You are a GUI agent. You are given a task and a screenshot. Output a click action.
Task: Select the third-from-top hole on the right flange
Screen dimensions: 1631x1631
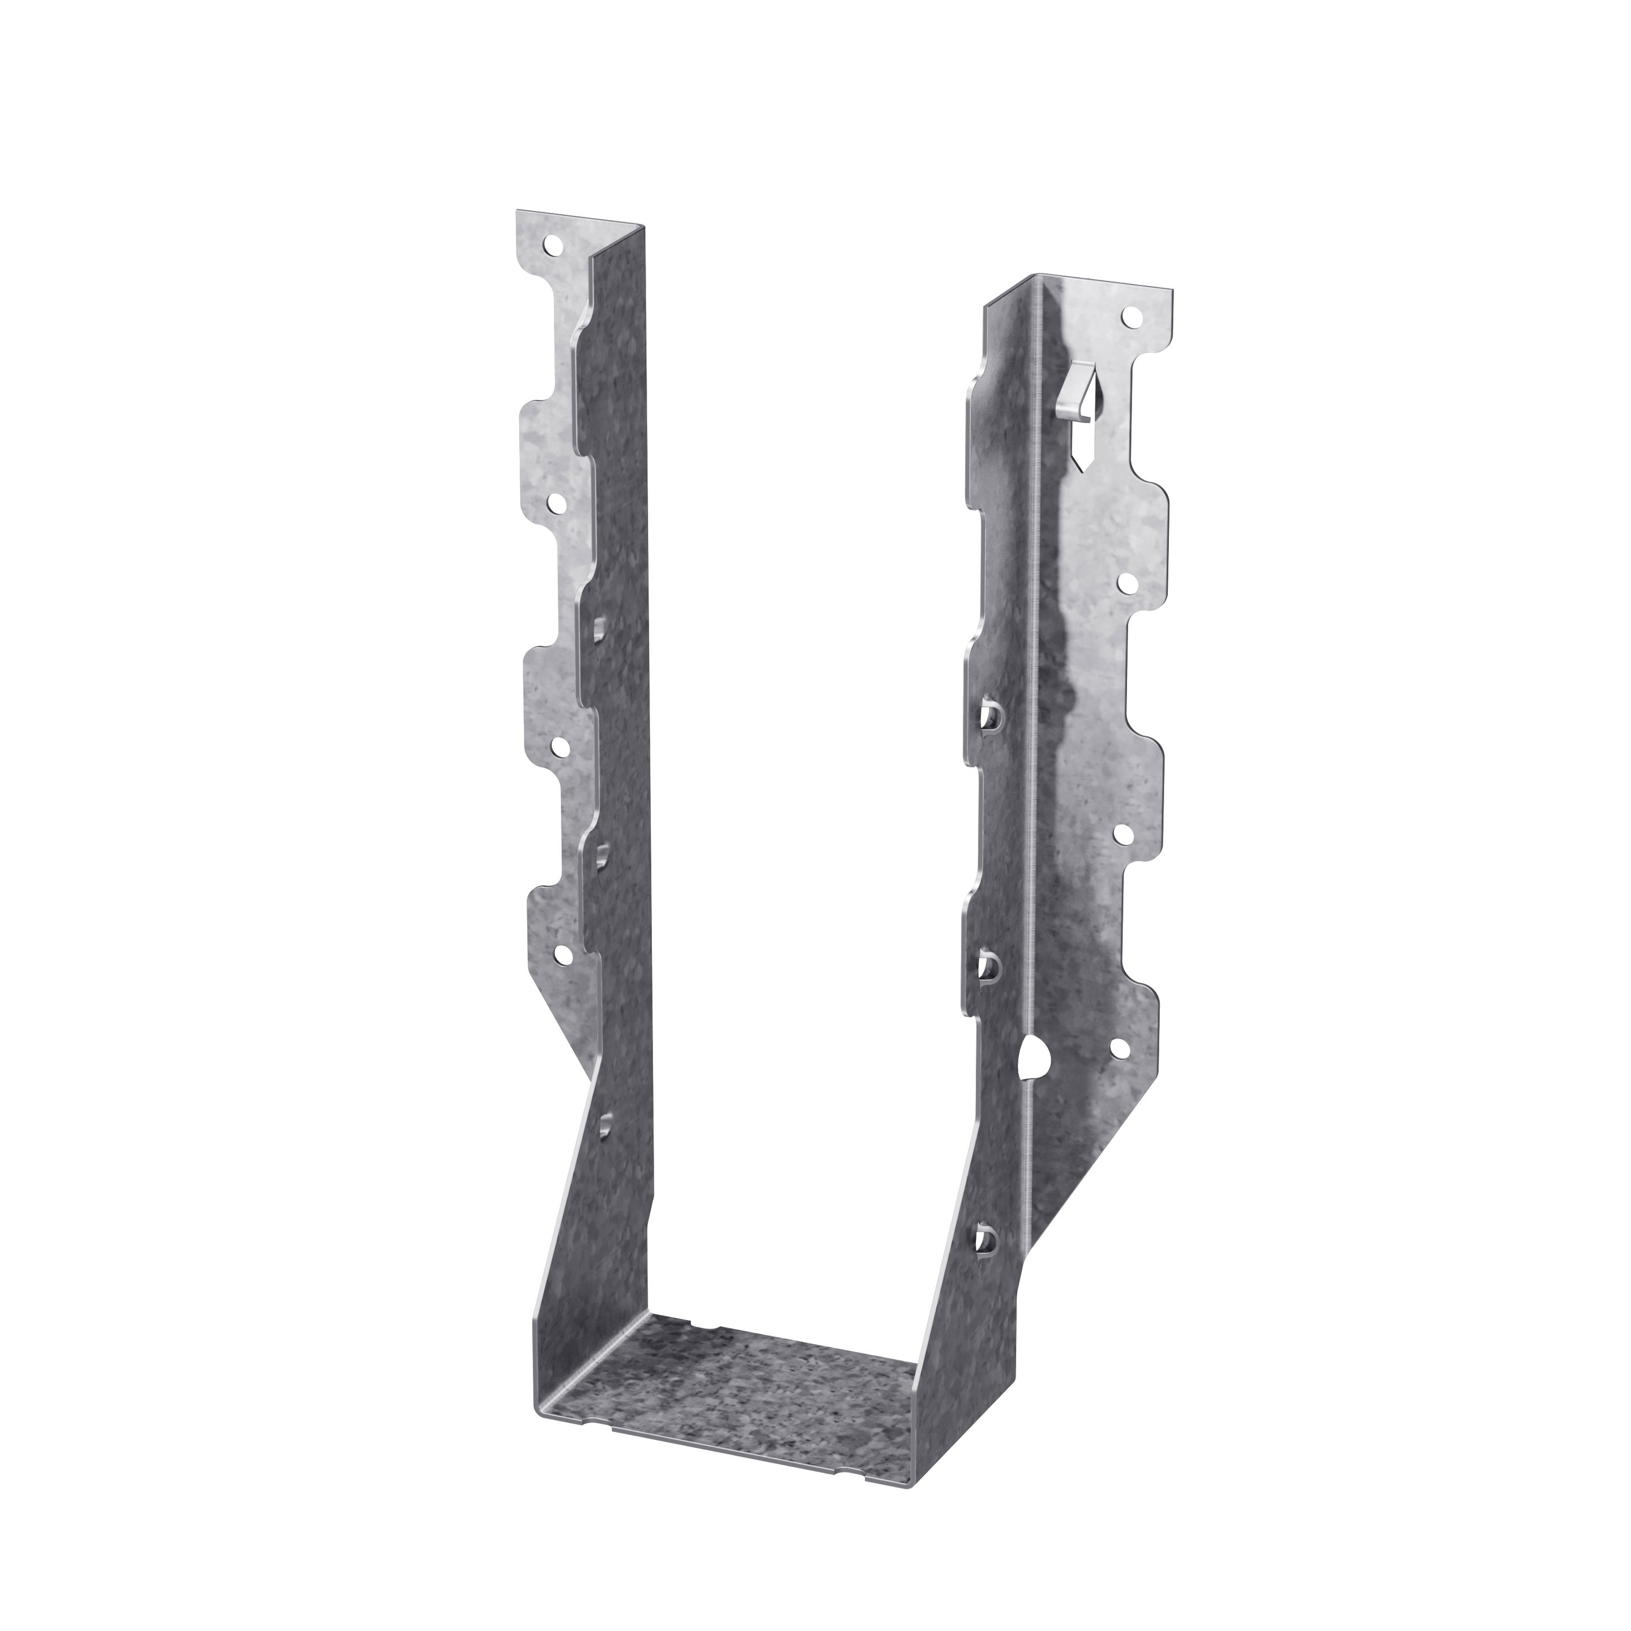(x=1124, y=833)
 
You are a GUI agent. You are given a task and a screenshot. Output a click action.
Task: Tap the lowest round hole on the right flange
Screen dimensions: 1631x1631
(x=1120, y=1049)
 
